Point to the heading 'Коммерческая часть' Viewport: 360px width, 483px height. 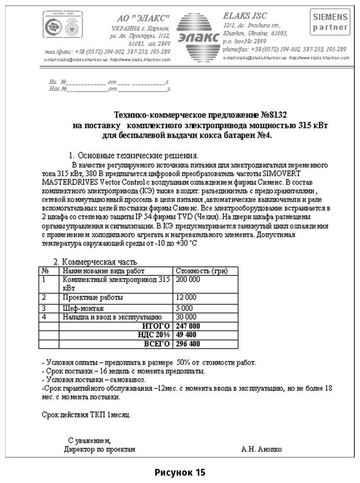(x=99, y=262)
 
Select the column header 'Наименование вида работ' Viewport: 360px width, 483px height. (x=103, y=271)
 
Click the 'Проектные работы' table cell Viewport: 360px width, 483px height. (x=92, y=297)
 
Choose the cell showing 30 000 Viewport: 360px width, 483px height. (x=186, y=317)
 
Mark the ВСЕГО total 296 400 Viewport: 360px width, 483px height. (x=188, y=343)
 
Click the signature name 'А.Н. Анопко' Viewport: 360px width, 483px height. (x=261, y=449)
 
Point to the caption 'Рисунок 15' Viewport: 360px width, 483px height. (x=180, y=473)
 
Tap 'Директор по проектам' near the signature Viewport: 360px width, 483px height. (x=99, y=449)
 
